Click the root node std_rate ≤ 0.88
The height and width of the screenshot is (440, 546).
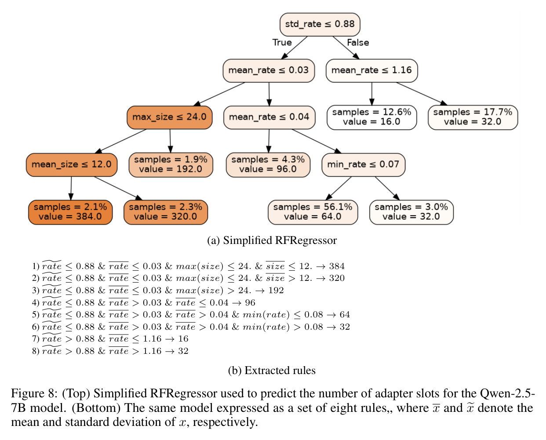click(320, 24)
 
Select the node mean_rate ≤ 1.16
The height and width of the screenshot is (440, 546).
click(371, 70)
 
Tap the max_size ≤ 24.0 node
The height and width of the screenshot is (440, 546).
click(170, 117)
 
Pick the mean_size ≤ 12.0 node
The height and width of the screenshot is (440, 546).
click(72, 165)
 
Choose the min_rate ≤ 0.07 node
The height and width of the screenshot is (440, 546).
click(363, 165)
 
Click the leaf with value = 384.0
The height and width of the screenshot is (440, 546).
click(70, 212)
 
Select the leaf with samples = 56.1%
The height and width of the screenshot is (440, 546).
click(313, 212)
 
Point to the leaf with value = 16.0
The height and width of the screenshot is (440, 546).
click(372, 117)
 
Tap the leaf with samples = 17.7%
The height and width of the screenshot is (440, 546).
click(473, 117)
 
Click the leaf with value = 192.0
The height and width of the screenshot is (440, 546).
click(171, 165)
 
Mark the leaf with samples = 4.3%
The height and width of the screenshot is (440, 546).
click(268, 165)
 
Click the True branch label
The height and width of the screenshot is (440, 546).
click(282, 42)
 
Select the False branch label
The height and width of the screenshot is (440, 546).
click(358, 42)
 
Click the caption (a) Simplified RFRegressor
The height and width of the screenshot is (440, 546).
click(272, 240)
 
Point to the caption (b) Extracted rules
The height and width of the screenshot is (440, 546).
click(272, 370)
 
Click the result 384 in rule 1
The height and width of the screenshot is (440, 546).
click(337, 266)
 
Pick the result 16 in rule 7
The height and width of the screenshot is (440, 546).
click(183, 338)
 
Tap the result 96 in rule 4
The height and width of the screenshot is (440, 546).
click(250, 302)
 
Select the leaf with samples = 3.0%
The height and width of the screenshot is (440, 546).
click(411, 212)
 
